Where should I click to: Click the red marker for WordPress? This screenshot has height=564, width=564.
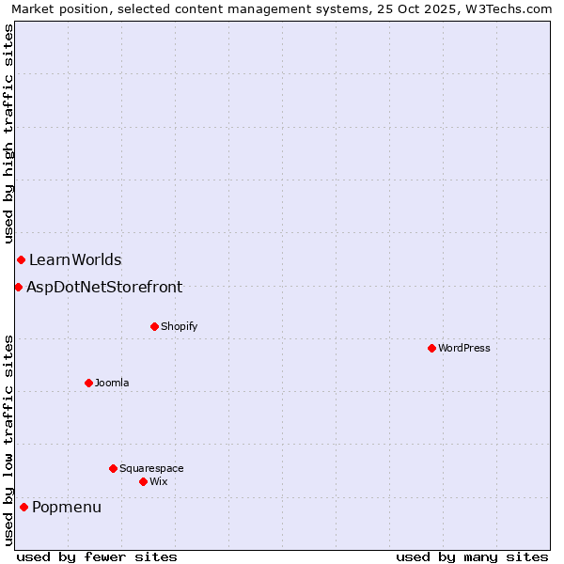point(431,348)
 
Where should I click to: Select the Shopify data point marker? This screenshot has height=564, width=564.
point(154,326)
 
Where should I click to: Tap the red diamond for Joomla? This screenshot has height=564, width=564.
point(88,383)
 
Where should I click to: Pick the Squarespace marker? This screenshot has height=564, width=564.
point(113,468)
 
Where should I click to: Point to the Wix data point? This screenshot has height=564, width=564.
point(143,481)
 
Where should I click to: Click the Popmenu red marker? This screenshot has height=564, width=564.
point(23,508)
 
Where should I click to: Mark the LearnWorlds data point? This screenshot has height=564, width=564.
point(21,259)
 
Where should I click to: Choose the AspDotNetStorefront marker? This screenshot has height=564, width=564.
point(18,287)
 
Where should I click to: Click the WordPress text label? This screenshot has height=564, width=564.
point(464,348)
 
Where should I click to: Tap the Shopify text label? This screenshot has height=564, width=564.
point(179,326)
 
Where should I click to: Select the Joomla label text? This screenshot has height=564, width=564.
point(112,383)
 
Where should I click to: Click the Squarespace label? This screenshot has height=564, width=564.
point(151,468)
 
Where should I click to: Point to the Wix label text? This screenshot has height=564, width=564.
point(158,481)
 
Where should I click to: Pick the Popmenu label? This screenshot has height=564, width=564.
point(67,508)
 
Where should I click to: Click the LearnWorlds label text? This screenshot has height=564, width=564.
point(75,259)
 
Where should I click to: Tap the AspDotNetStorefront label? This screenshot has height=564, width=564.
point(104,287)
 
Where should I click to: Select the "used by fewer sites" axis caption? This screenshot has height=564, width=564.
point(96,556)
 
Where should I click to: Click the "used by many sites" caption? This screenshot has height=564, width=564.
point(472,556)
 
